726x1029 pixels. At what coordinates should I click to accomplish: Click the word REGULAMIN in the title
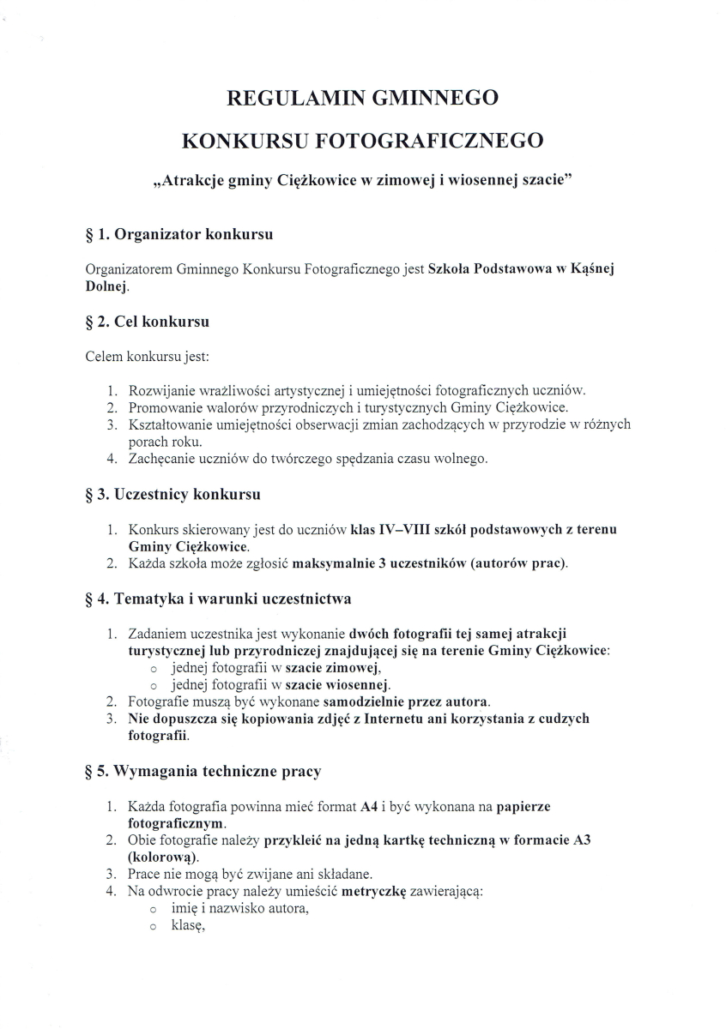pos(287,98)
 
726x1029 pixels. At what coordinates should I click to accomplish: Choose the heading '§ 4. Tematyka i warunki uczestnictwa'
pos(219,599)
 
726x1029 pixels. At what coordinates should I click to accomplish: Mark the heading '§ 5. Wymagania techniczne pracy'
pos(204,771)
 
